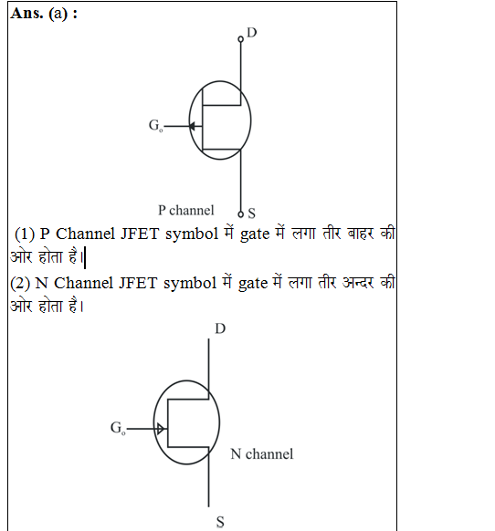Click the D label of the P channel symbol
pyautogui.click(x=252, y=33)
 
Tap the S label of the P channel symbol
pyautogui.click(x=251, y=213)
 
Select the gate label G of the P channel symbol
pyautogui.click(x=153, y=125)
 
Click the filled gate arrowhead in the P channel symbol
pyautogui.click(x=192, y=126)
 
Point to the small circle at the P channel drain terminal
pyautogui.click(x=241, y=39)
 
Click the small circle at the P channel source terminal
pyautogui.click(x=241, y=214)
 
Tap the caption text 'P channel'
pyautogui.click(x=186, y=210)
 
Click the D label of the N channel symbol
pyautogui.click(x=220, y=328)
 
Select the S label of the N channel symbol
pyautogui.click(x=220, y=522)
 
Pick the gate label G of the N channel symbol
pyautogui.click(x=116, y=427)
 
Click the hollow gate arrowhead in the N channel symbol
pyautogui.click(x=161, y=429)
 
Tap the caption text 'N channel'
pyautogui.click(x=262, y=454)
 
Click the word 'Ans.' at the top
pyautogui.click(x=26, y=13)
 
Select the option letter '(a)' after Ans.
pyautogui.click(x=58, y=14)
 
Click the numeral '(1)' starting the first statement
pyautogui.click(x=25, y=234)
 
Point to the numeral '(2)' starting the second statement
pyautogui.click(x=20, y=283)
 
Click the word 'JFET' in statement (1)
pyautogui.click(x=140, y=234)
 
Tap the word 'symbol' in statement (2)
pyautogui.click(x=190, y=284)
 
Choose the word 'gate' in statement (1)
pyautogui.click(x=255, y=234)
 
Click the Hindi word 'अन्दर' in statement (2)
pyautogui.click(x=358, y=283)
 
